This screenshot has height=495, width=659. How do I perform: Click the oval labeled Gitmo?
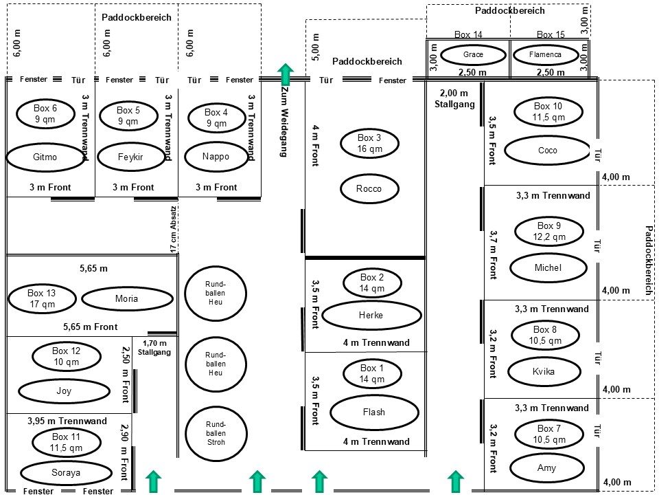45,157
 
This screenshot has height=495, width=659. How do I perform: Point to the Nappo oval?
216,157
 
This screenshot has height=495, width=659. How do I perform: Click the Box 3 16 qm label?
370,144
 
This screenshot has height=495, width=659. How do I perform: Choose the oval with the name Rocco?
369,189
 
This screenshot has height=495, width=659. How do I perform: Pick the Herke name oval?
371,316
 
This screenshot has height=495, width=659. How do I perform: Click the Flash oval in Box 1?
374,412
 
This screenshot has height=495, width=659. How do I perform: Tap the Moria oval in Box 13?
127,298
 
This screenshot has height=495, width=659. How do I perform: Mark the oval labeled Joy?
64,391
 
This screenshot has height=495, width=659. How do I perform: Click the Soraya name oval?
66,473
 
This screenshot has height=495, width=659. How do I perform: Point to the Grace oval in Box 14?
474,54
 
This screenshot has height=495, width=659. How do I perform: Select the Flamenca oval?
546,54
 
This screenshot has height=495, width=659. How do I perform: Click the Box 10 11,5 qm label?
548,112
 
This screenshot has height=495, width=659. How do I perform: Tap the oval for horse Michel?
548,268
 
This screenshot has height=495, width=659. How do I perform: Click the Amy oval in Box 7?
547,468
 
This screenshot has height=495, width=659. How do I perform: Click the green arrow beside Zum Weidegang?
286,74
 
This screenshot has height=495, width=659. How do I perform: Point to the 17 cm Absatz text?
174,228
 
